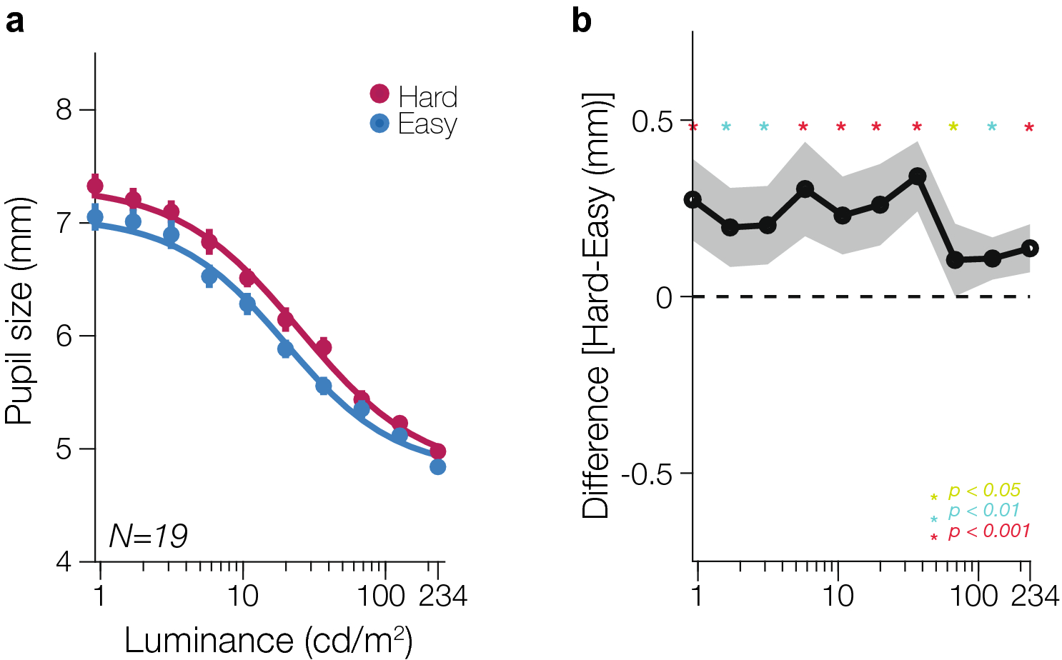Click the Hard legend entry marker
click(379, 94)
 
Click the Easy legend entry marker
click(379, 124)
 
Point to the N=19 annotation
click(148, 536)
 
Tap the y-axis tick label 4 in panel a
click(65, 561)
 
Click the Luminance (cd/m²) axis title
click(268, 640)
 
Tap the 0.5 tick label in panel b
click(652, 121)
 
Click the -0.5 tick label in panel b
click(647, 474)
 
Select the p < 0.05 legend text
click(984, 491)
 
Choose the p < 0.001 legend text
click(989, 531)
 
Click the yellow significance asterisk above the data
click(953, 128)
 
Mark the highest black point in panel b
click(918, 176)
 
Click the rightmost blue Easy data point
click(438, 466)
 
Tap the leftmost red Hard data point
click(95, 186)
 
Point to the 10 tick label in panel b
click(838, 595)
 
